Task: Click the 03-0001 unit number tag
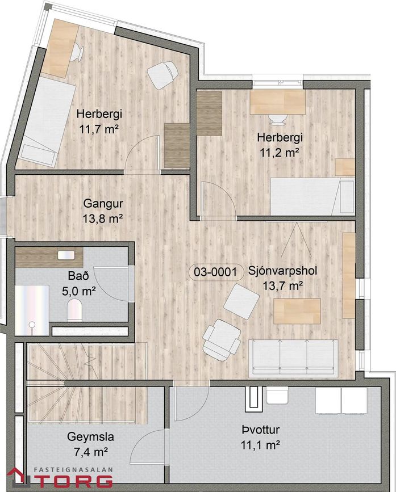[x=215, y=272]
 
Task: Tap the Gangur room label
[x=103, y=203]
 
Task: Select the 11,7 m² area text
[x=99, y=129]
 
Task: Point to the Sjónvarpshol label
[x=282, y=271]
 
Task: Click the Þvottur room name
[x=261, y=430]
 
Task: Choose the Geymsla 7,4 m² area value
[x=91, y=452]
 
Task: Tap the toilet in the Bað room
[x=74, y=310]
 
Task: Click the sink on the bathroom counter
[x=66, y=255]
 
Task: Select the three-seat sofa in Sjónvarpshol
[x=293, y=358]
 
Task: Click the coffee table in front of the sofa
[x=297, y=311]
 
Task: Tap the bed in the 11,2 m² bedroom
[x=312, y=196]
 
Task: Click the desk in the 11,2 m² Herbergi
[x=278, y=102]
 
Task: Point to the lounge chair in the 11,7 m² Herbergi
[x=163, y=75]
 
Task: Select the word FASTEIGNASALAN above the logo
[x=73, y=470]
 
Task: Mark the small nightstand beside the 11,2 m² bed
[x=345, y=167]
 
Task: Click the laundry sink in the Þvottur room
[x=277, y=396]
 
